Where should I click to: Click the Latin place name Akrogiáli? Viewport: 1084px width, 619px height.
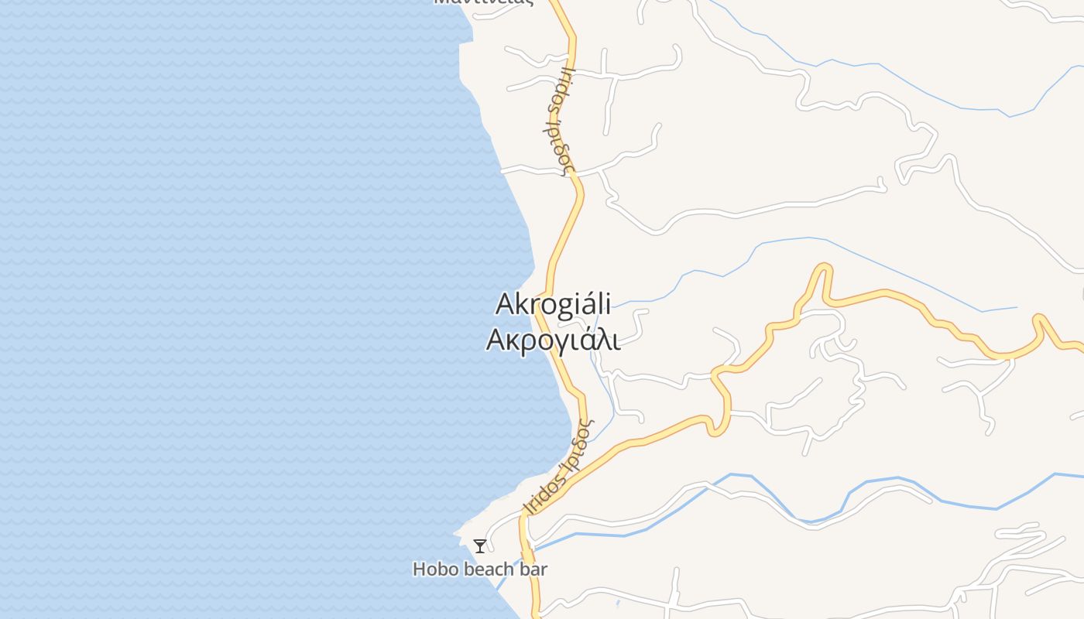coord(553,304)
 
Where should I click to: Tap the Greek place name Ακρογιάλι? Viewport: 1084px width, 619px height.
coord(553,340)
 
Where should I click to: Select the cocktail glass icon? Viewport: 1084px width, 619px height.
coord(480,546)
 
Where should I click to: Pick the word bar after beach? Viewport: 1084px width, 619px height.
coord(533,569)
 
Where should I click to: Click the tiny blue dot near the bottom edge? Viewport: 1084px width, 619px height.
coord(618,603)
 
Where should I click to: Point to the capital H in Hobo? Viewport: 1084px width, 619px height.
coord(419,569)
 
